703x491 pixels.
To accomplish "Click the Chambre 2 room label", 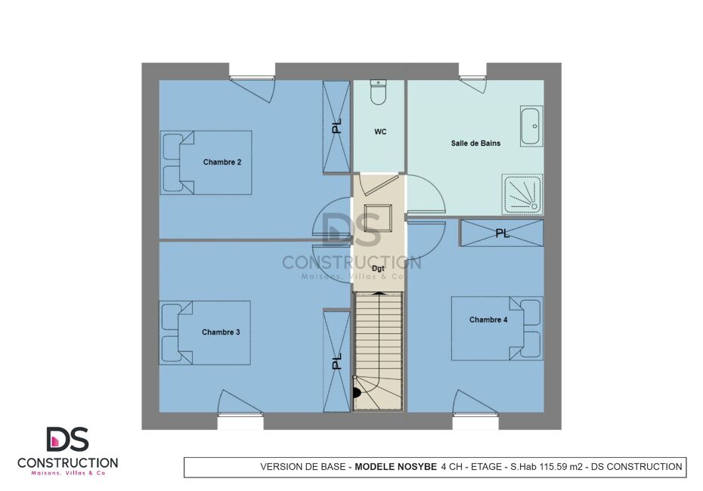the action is (222, 162).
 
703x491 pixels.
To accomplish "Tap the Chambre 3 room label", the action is (221, 332).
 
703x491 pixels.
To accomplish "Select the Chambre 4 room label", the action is (488, 320).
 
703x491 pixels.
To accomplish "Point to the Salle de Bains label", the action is (475, 143).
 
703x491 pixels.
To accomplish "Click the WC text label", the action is (380, 131).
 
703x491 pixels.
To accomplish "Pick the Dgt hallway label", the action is (378, 269).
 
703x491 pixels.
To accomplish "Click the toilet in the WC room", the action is (379, 92).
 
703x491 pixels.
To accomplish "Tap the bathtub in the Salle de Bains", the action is (531, 126).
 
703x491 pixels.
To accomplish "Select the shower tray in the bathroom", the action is (522, 194).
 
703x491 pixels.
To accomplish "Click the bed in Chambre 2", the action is (206, 162).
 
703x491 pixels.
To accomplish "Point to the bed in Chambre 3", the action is (205, 332).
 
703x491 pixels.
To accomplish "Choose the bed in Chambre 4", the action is (497, 329).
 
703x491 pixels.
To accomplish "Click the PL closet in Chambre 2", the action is (336, 127).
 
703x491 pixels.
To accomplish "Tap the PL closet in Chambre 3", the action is (336, 360).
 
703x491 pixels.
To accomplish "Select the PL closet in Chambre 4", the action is (502, 233).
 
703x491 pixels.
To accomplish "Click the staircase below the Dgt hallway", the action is (379, 350).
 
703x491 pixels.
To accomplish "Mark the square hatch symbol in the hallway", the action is (377, 218).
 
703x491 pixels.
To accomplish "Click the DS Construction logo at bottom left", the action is (68, 451).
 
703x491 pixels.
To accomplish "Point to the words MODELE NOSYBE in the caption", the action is (395, 467).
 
